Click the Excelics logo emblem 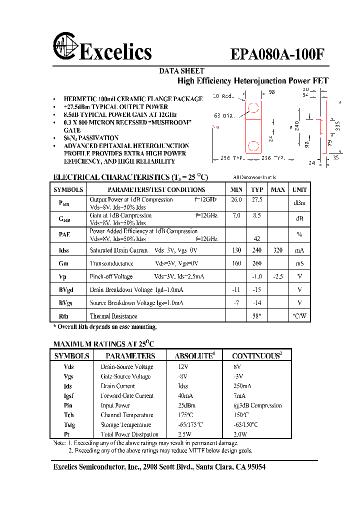(65, 49)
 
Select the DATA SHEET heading (181, 71)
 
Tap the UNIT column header (299, 189)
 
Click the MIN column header (236, 189)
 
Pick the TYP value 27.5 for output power (257, 199)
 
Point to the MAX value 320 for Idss (278, 250)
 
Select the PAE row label (64, 234)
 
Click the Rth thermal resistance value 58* (257, 316)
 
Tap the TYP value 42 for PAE (257, 239)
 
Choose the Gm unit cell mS (299, 263)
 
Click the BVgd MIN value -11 (236, 289)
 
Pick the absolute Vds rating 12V (183, 366)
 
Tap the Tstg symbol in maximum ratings (68, 424)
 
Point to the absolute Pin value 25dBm (186, 405)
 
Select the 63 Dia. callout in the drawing (224, 115)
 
